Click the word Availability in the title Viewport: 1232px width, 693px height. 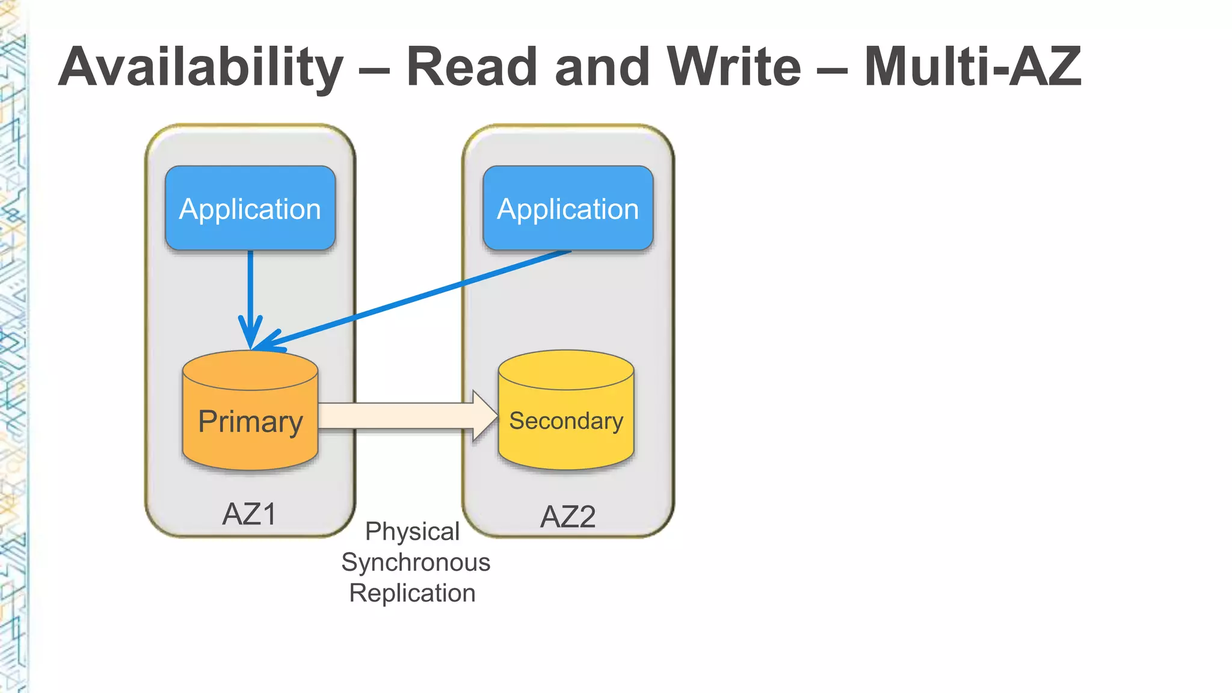coord(201,67)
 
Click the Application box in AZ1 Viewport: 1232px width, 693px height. coord(250,208)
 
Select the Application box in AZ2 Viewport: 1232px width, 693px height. coord(568,208)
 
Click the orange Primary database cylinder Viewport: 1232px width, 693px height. coord(250,445)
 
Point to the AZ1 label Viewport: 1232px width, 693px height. coord(249,514)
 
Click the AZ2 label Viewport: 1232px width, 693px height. coord(568,517)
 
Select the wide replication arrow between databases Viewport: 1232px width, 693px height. coord(397,416)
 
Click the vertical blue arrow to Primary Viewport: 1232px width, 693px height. coord(250,289)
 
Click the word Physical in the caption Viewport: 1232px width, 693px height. coord(412,532)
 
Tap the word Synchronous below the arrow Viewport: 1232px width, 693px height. coord(416,562)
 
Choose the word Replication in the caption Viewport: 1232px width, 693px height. coord(412,593)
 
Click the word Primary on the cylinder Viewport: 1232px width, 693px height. coord(250,421)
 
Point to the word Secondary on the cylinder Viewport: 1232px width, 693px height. coord(566,420)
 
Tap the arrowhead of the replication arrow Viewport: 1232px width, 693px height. coord(484,416)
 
